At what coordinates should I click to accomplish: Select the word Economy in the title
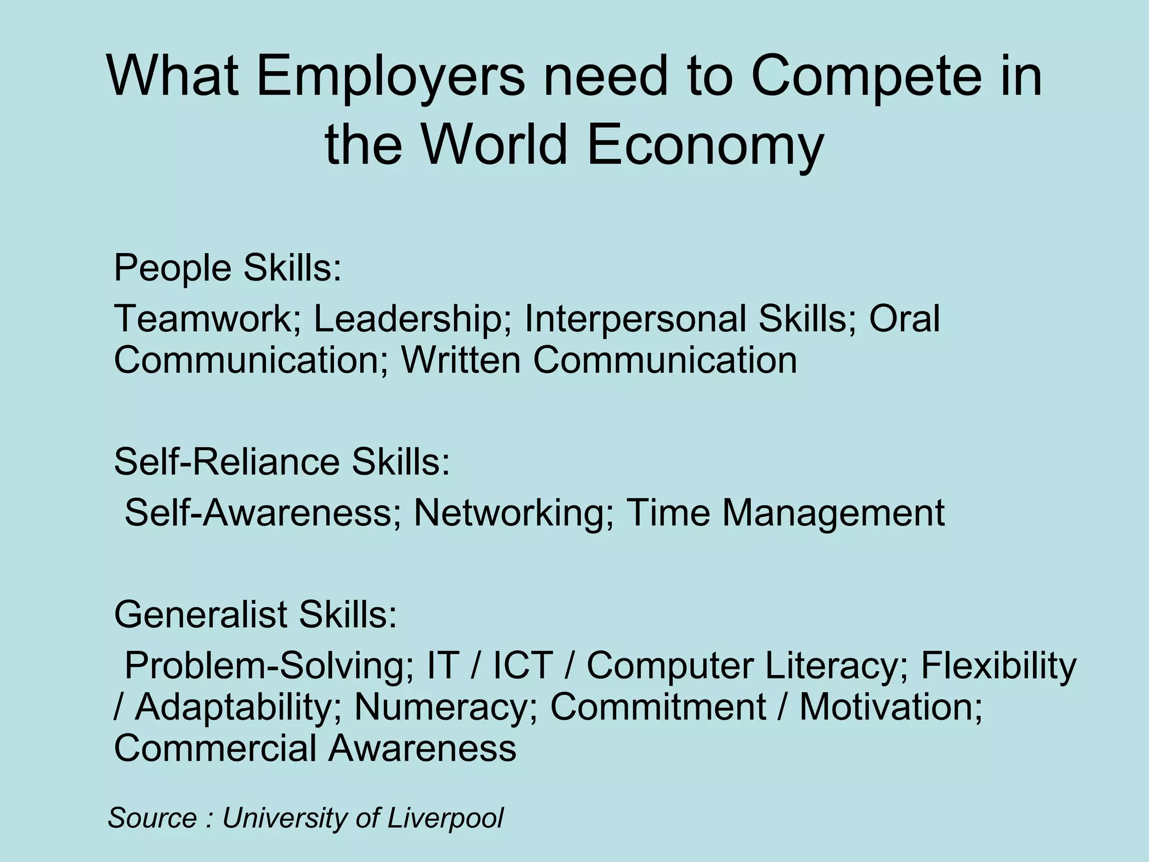click(x=705, y=146)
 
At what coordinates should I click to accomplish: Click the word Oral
click(x=904, y=319)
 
